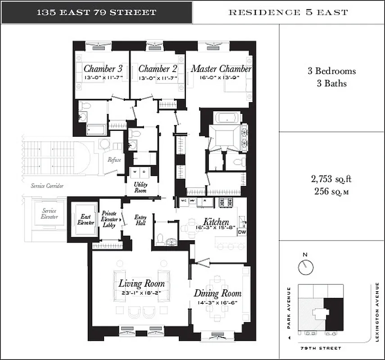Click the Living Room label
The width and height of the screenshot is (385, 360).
pyautogui.click(x=141, y=284)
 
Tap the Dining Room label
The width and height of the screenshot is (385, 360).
pyautogui.click(x=217, y=294)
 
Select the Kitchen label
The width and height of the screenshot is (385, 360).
pyautogui.click(x=216, y=222)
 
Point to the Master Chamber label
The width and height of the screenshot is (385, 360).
pyautogui.click(x=221, y=69)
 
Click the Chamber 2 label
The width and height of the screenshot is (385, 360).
pyautogui.click(x=157, y=69)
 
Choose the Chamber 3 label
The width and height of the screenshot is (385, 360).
pyautogui.click(x=103, y=69)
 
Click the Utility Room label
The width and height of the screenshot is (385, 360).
pyautogui.click(x=140, y=187)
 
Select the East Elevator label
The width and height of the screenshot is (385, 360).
pyautogui.click(x=85, y=219)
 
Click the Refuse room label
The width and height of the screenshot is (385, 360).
pyautogui.click(x=112, y=160)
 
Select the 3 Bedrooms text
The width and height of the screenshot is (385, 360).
pyautogui.click(x=331, y=71)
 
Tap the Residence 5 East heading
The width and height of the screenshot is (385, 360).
pyautogui.click(x=288, y=12)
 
